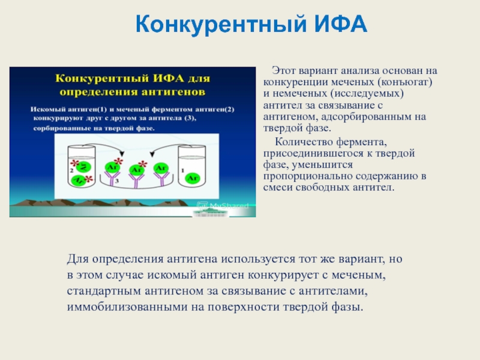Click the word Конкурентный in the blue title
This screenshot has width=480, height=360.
point(221,25)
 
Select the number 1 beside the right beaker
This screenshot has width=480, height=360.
point(183,170)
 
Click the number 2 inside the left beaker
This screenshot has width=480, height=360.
point(71,170)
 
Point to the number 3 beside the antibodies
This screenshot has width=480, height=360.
point(116,181)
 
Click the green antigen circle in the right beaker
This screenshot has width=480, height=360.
point(193,178)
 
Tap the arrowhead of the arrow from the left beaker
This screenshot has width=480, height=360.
point(122,154)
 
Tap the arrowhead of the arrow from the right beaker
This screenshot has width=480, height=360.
point(152,154)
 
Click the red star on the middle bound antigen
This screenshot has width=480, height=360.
point(142,164)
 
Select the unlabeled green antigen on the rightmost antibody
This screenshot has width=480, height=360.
point(161,168)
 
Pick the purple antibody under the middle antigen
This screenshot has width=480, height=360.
point(136,181)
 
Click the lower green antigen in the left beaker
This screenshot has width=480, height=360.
point(79,181)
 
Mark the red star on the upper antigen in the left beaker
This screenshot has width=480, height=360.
point(74,163)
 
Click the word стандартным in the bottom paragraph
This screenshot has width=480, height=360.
point(104,291)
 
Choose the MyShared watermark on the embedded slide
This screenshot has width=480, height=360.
point(223,206)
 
